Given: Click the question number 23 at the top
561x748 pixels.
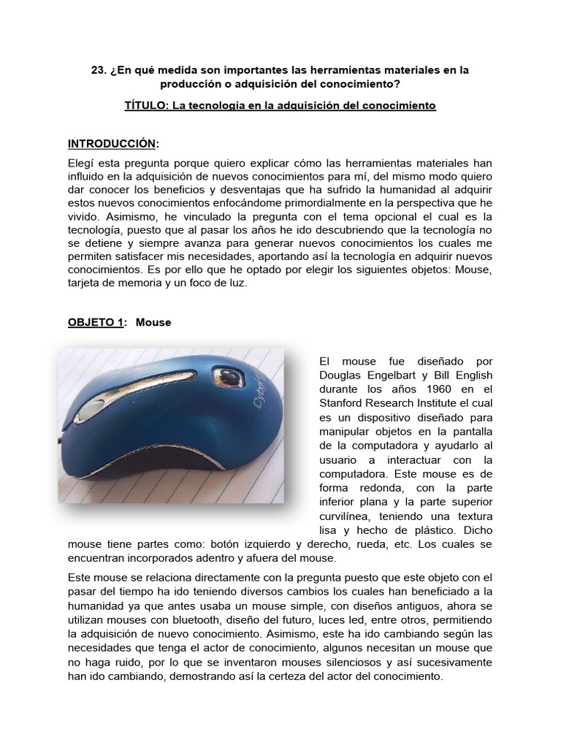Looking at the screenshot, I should point(97,70).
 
